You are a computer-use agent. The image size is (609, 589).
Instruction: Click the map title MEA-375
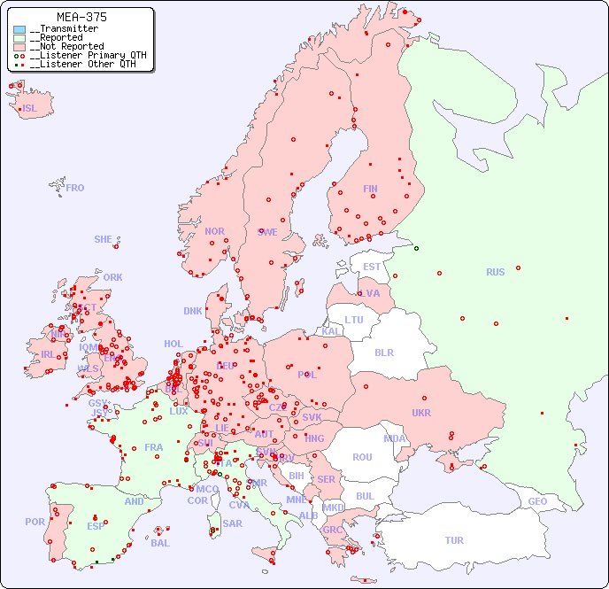click(82, 17)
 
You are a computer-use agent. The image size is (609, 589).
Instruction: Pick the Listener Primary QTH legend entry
click(81, 55)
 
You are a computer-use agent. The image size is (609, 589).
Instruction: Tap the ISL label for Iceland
click(30, 109)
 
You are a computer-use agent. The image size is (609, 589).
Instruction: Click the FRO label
click(75, 188)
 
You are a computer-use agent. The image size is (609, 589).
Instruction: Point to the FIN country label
click(370, 189)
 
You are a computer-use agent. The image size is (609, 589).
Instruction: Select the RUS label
click(495, 272)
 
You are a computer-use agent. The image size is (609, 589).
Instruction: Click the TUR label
click(454, 540)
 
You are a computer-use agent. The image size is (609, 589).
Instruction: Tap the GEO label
click(537, 501)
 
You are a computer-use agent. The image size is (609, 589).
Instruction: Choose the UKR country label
click(421, 413)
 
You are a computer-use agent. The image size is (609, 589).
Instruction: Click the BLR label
click(383, 352)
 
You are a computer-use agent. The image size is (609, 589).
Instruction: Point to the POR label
click(35, 522)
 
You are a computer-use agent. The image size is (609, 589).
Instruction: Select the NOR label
click(214, 231)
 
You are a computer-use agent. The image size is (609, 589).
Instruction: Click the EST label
click(372, 267)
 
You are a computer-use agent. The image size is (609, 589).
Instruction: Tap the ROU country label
click(362, 457)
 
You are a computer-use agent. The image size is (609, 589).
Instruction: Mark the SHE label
click(104, 239)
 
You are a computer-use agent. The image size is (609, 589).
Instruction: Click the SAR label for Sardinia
click(233, 523)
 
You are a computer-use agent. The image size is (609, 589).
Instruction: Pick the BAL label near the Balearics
click(160, 543)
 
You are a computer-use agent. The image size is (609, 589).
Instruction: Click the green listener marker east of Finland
click(416, 248)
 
